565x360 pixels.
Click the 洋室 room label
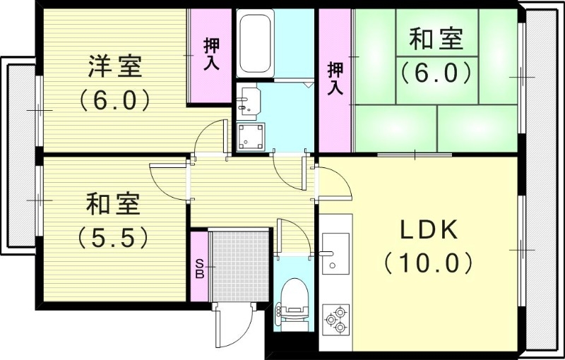pos(115,66)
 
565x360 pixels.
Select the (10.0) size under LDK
pos(429,263)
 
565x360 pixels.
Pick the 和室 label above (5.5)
pos(113,205)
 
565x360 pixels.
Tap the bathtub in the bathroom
pos(254,44)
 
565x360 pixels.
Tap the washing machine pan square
pos(251,136)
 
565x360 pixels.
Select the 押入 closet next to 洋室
pos(210,55)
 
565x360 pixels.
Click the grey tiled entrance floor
pos(240,265)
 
